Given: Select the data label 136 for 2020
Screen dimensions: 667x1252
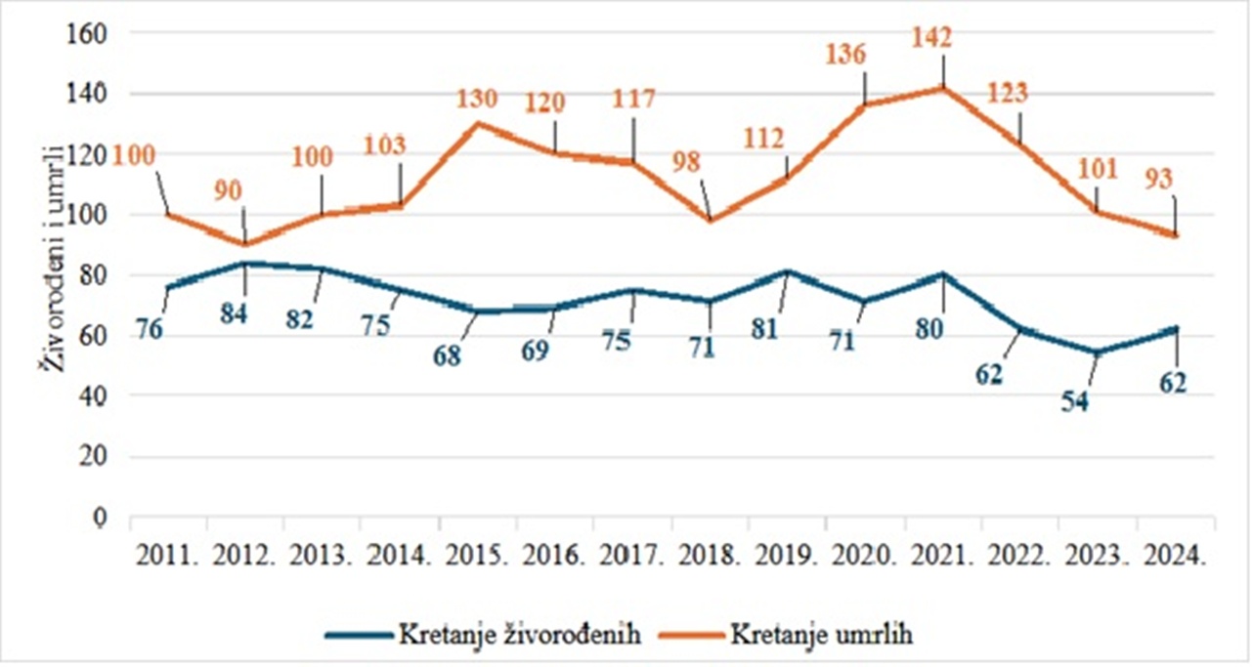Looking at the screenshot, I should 846,56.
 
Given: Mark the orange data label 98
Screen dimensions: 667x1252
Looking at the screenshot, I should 692,162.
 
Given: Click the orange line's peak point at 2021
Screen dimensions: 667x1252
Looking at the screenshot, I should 944,88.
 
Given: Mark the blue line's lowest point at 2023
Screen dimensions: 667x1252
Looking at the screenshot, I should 1098,353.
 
